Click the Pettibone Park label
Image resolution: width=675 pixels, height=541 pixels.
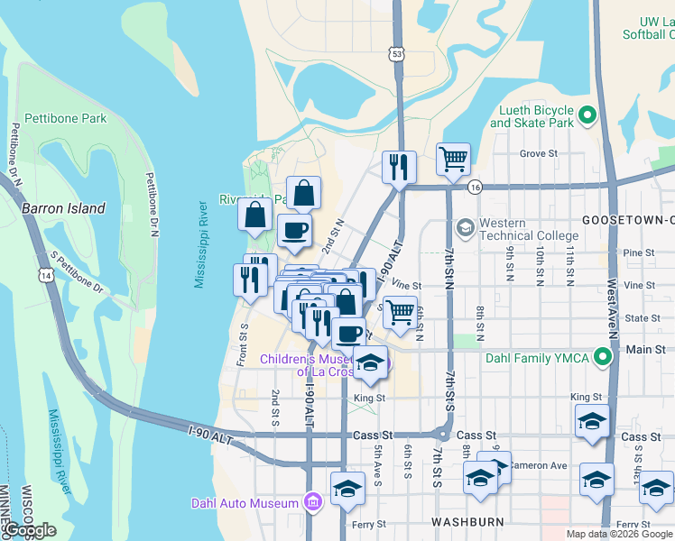point(66,118)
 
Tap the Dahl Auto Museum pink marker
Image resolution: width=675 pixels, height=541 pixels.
point(313,502)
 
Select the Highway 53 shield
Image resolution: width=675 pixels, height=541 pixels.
point(397,55)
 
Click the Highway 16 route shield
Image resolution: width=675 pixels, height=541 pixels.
point(475,187)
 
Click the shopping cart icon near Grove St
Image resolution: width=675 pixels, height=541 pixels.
point(454,160)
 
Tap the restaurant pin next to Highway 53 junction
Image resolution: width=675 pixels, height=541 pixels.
point(398,167)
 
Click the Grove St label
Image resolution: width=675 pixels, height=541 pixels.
point(538,153)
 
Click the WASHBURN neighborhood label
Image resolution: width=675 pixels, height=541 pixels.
point(460,522)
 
